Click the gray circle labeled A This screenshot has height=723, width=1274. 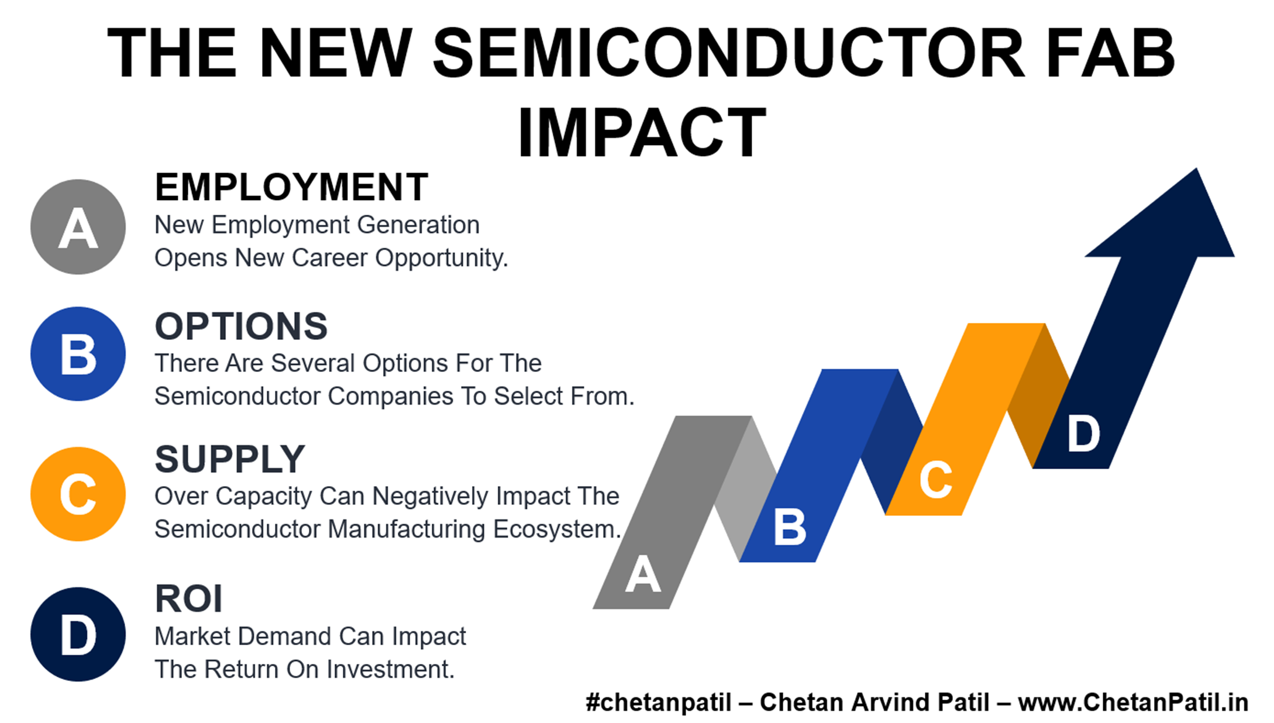tap(78, 227)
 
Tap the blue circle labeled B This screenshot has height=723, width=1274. tap(78, 354)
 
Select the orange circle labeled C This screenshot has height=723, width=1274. tap(78, 494)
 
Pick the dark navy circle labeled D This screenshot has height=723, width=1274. tap(78, 635)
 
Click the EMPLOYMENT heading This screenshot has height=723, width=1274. tap(291, 187)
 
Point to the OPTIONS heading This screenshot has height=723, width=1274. tap(241, 326)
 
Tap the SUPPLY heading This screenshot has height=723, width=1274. tap(230, 459)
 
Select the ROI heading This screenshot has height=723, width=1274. tap(189, 599)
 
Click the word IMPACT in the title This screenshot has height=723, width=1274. tap(642, 132)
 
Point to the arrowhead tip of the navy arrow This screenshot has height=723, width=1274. tap(1196, 169)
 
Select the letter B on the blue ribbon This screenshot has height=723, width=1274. tap(790, 526)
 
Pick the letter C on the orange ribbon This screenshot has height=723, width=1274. tap(936, 480)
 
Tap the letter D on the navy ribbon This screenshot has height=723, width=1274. tap(1083, 433)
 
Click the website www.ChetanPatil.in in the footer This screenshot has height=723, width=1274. tap(1133, 703)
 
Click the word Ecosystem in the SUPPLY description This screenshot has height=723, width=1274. tap(556, 529)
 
